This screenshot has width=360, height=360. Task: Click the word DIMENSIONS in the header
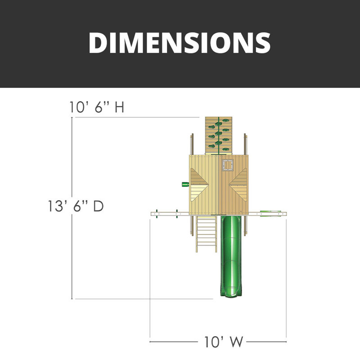click(x=180, y=43)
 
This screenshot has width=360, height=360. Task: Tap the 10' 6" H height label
click(x=97, y=107)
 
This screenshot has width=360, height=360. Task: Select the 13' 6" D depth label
click(x=76, y=206)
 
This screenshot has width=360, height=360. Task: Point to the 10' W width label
click(x=223, y=342)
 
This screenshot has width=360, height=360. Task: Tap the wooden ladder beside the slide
click(x=206, y=234)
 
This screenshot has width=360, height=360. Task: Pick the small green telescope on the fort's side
click(x=185, y=184)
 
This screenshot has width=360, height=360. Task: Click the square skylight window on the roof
click(x=228, y=165)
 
